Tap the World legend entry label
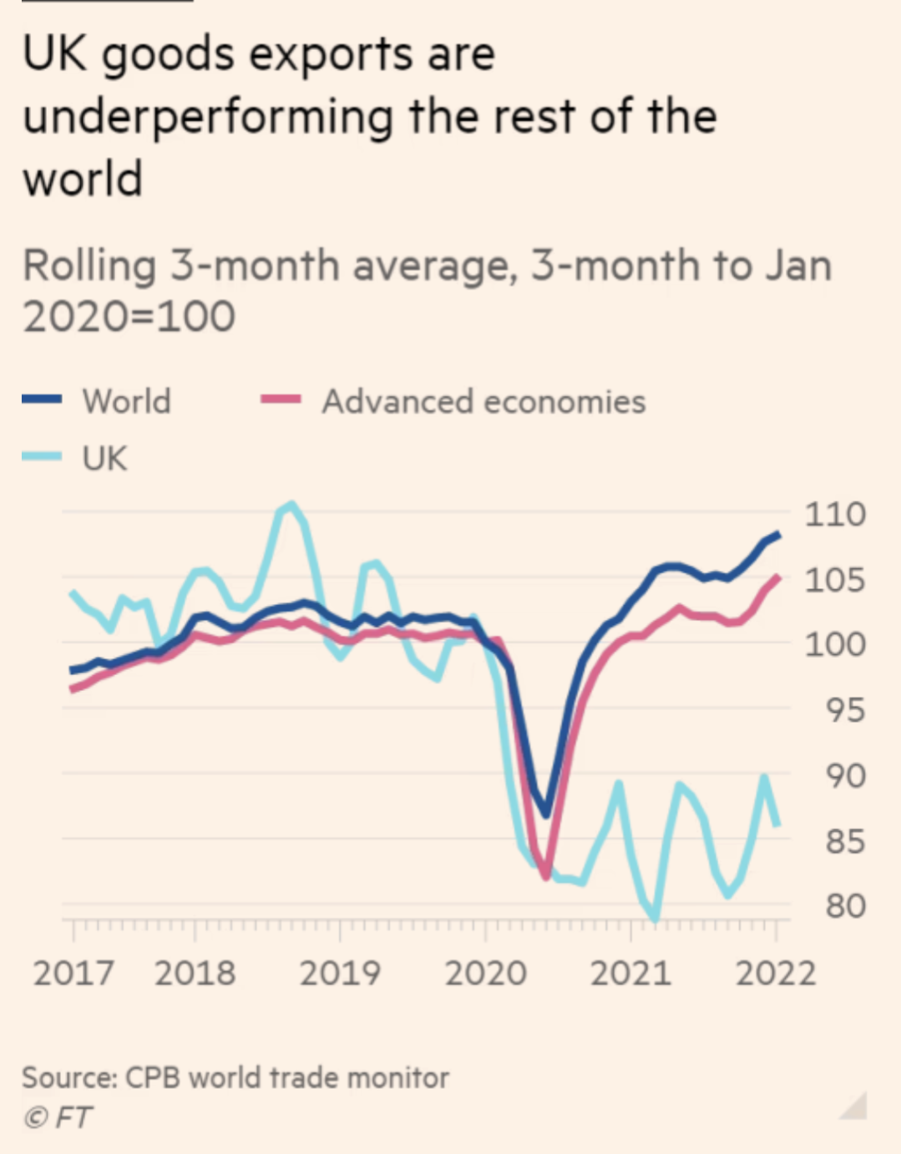127,401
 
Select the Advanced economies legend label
483,401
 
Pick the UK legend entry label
104,458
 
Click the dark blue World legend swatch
42,399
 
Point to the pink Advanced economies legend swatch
281,399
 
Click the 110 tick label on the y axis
834,514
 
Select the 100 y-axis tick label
834,644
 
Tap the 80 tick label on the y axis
845,905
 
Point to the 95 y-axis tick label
845,710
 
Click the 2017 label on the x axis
73,973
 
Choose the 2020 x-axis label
485,973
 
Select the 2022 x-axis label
776,973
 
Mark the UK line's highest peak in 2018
291,503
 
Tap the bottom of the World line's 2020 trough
546,814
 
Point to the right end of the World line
779,534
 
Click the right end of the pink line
778,577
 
